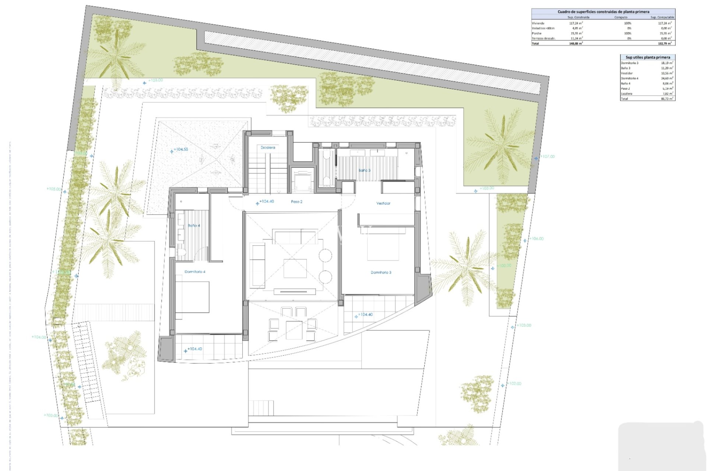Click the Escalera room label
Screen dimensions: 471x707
(268, 148)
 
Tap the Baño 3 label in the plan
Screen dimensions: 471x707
(364, 170)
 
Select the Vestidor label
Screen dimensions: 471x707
(383, 203)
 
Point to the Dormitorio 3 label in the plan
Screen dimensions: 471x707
(381, 272)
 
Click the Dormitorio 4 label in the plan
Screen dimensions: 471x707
(195, 272)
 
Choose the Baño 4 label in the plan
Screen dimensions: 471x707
(194, 226)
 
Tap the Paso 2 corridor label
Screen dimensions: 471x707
(296, 202)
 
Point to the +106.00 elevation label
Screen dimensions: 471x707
(537, 239)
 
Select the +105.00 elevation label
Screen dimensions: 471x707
(53, 189)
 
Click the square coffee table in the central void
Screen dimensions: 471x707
(295, 268)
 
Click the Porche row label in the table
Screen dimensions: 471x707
(537, 33)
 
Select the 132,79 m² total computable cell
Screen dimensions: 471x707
(665, 43)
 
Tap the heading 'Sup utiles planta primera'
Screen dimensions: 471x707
(648, 57)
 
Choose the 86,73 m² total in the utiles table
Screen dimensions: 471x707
(667, 99)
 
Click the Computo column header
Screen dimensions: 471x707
(621, 17)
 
